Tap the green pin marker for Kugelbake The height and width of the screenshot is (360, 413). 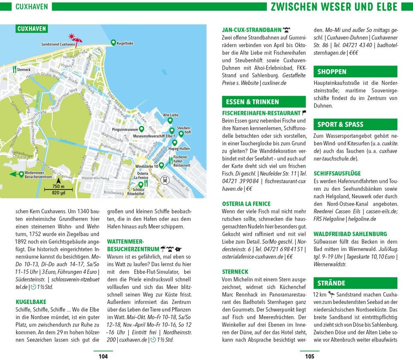[x=113, y=42]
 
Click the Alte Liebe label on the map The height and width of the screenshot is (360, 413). [x=170, y=115]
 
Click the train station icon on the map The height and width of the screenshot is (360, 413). [x=166, y=180]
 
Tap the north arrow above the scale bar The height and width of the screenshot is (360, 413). [x=58, y=180]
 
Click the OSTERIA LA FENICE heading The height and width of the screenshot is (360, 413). [x=246, y=204]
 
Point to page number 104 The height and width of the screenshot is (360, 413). [x=103, y=356]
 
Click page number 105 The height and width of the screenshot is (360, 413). [x=309, y=356]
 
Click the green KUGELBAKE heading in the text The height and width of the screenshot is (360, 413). [x=31, y=302]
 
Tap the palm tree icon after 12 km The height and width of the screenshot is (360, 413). [x=331, y=294]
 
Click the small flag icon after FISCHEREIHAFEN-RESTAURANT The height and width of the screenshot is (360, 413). [x=304, y=113]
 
